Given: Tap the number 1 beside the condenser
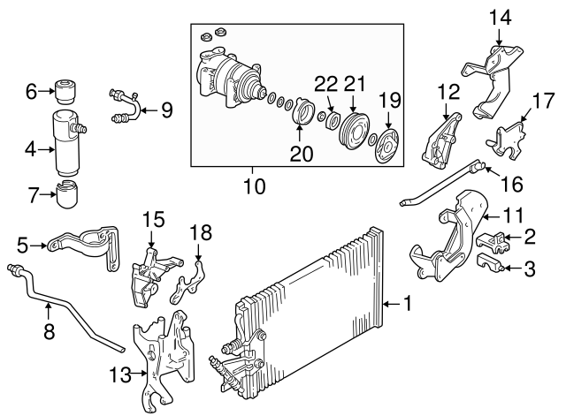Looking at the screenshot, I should pyautogui.click(x=408, y=304).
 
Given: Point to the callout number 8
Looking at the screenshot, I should pyautogui.click(x=48, y=333).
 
